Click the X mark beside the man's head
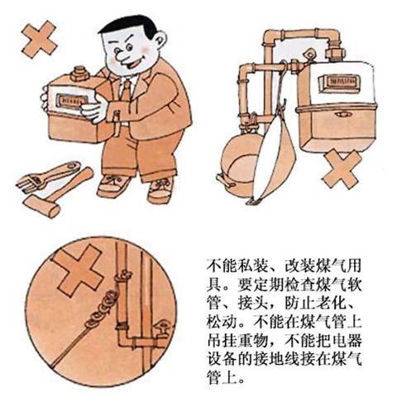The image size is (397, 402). (x=40, y=39)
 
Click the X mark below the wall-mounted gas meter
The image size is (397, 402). (x=342, y=169)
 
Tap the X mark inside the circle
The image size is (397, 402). (x=79, y=270)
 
